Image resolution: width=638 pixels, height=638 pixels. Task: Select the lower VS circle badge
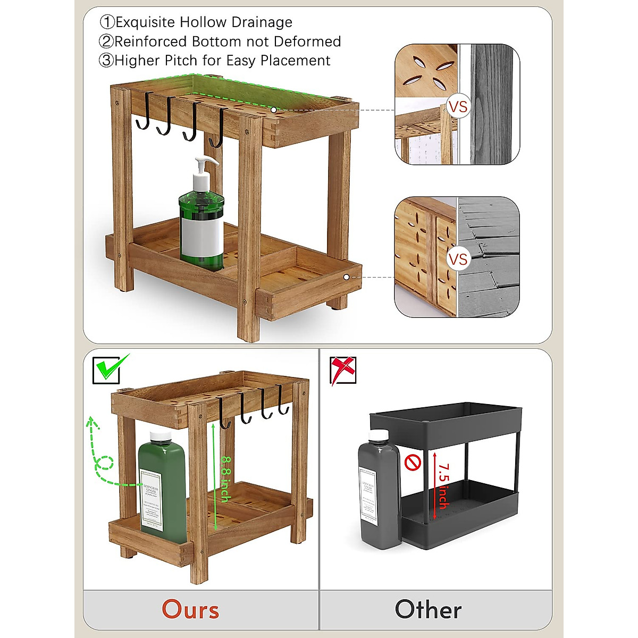[458, 259]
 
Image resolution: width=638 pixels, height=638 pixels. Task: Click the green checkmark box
[110, 368]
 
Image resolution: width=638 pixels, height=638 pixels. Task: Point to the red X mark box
[342, 370]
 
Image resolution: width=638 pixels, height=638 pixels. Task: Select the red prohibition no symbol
[413, 463]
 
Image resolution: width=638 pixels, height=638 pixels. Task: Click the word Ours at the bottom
[190, 610]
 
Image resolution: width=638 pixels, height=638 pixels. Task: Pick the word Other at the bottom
[428, 610]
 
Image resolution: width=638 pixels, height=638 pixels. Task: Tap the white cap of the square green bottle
[159, 438]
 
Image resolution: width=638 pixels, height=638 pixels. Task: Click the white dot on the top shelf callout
[273, 110]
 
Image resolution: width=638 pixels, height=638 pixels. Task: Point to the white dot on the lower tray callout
[346, 277]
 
